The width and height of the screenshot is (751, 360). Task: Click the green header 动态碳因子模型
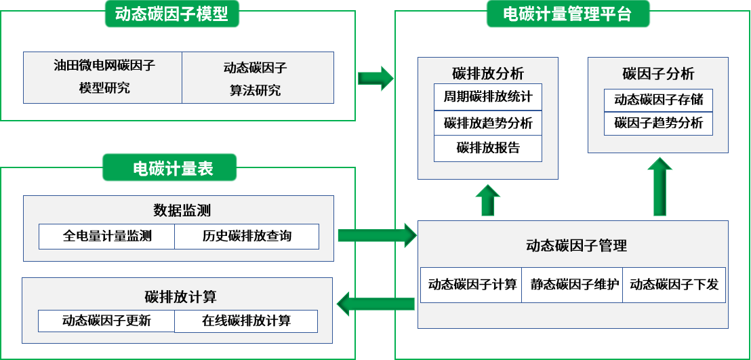coord(171,15)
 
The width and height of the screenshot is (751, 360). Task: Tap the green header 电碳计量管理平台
coord(567,14)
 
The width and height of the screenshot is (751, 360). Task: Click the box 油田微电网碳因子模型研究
coord(103,77)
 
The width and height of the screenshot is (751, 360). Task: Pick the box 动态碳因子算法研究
coord(257,78)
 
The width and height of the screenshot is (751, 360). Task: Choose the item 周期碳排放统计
coord(488,97)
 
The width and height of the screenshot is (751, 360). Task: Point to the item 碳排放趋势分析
coord(488,123)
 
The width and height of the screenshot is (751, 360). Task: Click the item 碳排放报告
coord(488,148)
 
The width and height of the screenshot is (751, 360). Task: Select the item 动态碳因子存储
coord(658,100)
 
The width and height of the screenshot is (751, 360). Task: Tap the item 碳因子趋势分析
coord(658,123)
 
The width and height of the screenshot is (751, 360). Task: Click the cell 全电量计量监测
coord(107,236)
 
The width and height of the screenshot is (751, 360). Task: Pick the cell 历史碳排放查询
coord(247,236)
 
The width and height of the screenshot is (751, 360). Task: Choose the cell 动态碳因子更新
coord(106,321)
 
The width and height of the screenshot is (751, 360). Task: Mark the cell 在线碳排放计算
coord(246,321)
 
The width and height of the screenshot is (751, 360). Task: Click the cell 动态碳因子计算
coord(472,285)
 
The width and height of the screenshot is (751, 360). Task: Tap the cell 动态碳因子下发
coord(674,285)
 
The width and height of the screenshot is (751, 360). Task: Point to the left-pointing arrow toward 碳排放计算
coord(376,304)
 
